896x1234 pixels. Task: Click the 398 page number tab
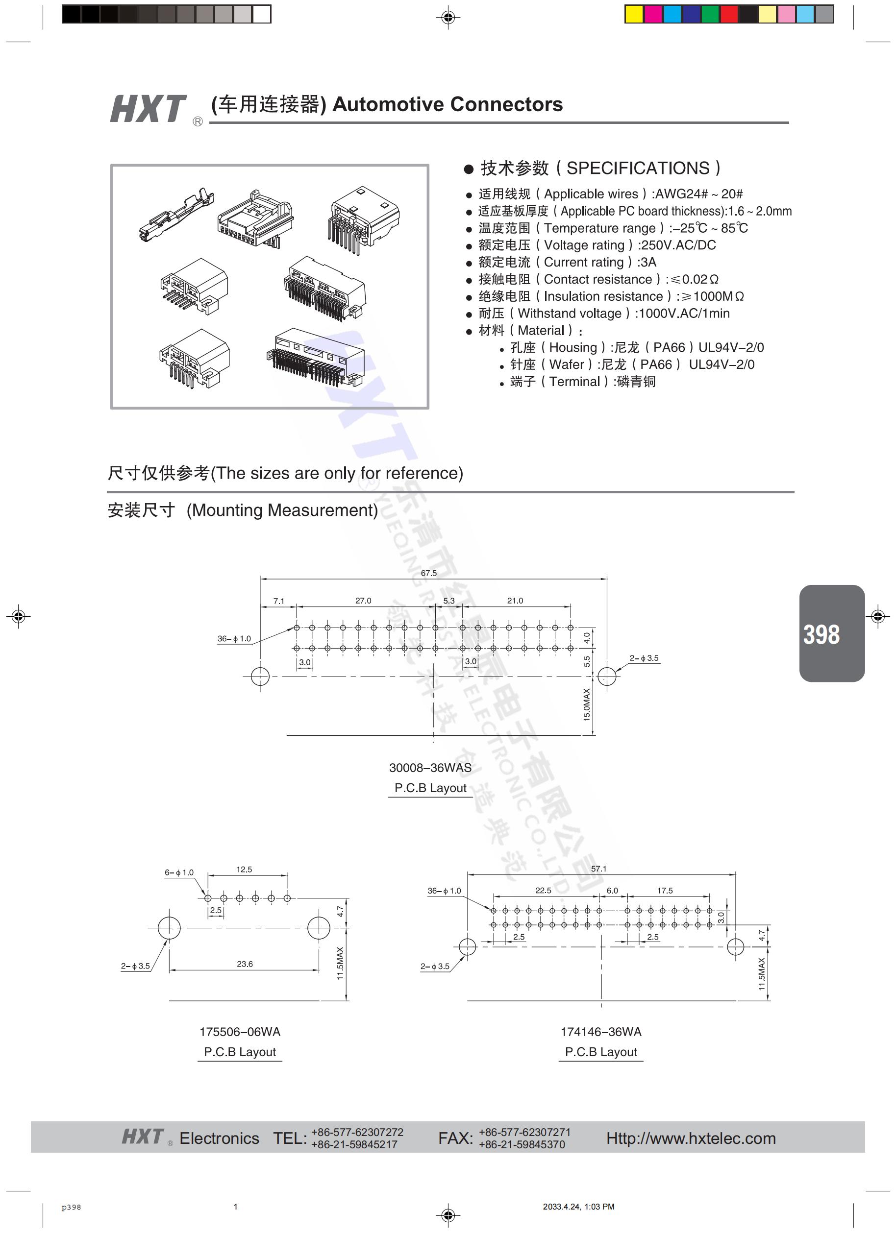831,633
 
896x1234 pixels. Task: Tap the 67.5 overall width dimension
428,573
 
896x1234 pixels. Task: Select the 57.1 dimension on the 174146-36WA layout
598,869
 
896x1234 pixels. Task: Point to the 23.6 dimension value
245,964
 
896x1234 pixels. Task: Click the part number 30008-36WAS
430,768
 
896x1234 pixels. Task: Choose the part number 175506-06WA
240,1032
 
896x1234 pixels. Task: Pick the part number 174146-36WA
600,1032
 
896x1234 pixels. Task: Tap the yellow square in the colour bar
634,14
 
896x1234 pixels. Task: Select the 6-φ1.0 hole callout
179,872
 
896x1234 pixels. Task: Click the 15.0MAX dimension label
587,704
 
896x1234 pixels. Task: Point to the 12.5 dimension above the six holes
244,870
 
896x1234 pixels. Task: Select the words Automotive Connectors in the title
448,104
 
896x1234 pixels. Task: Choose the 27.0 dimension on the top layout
363,601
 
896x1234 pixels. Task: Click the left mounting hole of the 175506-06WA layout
169,928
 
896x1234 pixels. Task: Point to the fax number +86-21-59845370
522,1144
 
